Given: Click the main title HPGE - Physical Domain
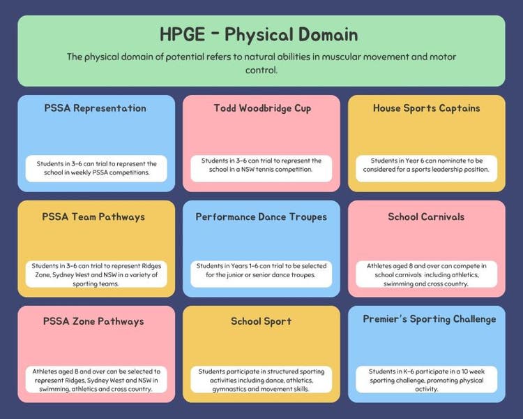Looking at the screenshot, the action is pos(259,34).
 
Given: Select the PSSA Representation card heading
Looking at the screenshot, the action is pos(96,108).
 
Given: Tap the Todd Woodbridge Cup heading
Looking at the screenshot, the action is pos(262,108).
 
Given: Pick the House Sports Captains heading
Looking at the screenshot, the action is pos(427,108).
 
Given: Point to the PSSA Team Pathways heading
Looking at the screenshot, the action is pos(93,217).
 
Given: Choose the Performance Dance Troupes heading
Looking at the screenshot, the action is pos(261,217).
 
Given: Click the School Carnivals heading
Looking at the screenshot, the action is pos(426,217).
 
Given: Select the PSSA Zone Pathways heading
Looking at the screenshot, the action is pos(93,321).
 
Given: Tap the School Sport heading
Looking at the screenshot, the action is pos(261,321).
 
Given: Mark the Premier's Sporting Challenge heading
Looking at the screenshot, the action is pos(430,319).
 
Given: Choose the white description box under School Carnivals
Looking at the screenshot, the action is pos(427,274).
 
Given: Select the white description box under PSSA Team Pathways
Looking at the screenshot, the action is pos(96,274).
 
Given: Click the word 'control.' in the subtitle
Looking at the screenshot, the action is pos(261,70).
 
